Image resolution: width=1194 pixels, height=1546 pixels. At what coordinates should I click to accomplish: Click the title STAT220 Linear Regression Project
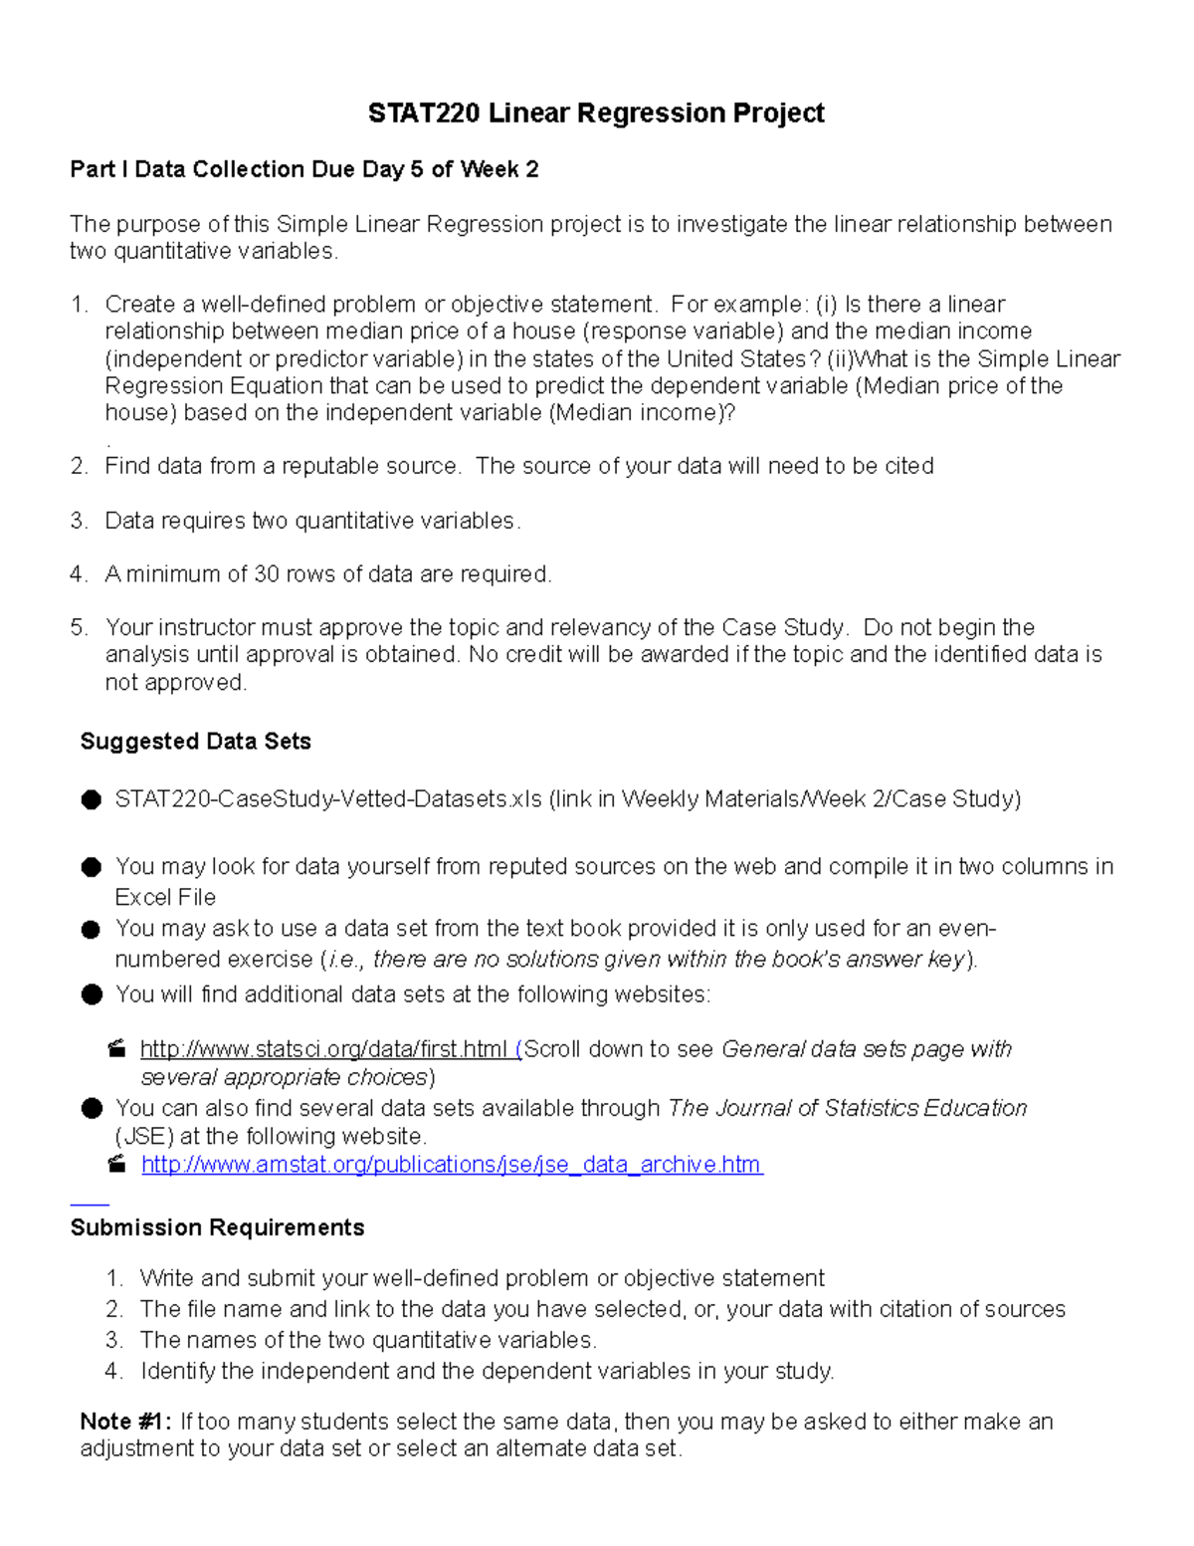[596, 113]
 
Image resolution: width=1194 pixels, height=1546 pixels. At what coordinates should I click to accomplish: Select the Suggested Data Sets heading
[195, 742]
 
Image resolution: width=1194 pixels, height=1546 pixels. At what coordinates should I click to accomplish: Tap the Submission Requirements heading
[217, 1227]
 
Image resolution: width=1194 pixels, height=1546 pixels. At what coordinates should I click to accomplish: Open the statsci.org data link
[324, 1049]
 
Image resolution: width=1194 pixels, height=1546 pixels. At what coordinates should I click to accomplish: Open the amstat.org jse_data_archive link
[452, 1165]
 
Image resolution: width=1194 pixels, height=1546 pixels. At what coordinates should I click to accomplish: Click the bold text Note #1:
[125, 1422]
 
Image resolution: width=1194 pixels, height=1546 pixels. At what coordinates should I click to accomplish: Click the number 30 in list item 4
[266, 574]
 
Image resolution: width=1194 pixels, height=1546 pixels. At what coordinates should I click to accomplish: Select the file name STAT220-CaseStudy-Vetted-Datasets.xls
[328, 799]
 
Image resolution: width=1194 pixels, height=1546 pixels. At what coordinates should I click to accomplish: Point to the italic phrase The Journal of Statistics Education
[847, 1109]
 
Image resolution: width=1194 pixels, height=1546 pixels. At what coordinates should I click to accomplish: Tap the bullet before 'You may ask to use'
[92, 930]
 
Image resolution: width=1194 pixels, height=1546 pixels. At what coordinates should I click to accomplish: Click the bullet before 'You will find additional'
[92, 994]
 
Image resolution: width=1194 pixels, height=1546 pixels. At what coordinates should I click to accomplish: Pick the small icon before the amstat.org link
[117, 1164]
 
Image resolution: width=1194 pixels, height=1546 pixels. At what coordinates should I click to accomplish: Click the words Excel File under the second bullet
[165, 897]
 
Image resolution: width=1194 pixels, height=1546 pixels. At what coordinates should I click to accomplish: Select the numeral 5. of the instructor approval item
[79, 628]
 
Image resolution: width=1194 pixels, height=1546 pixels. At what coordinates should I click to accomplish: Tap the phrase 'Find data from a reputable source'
[282, 467]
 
